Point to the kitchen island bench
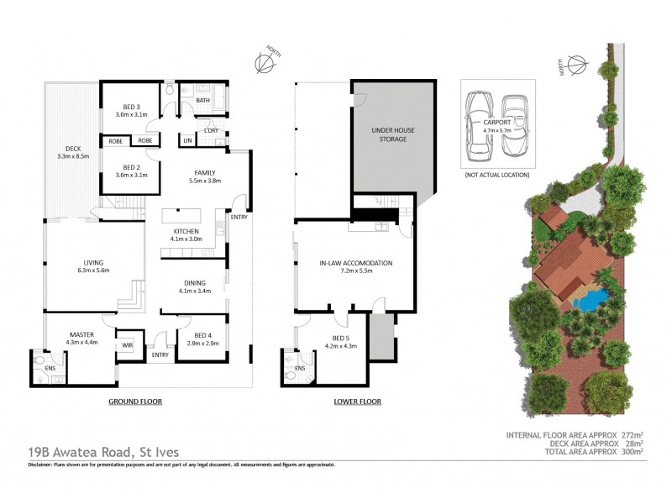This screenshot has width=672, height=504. (185, 215)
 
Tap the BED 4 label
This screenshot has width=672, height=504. (196, 336)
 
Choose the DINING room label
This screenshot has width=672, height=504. (194, 283)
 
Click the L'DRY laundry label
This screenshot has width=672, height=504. (212, 131)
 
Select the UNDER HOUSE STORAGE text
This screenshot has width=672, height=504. (391, 134)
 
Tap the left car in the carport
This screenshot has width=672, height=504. (480, 125)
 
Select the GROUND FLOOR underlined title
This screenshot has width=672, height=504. (134, 402)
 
